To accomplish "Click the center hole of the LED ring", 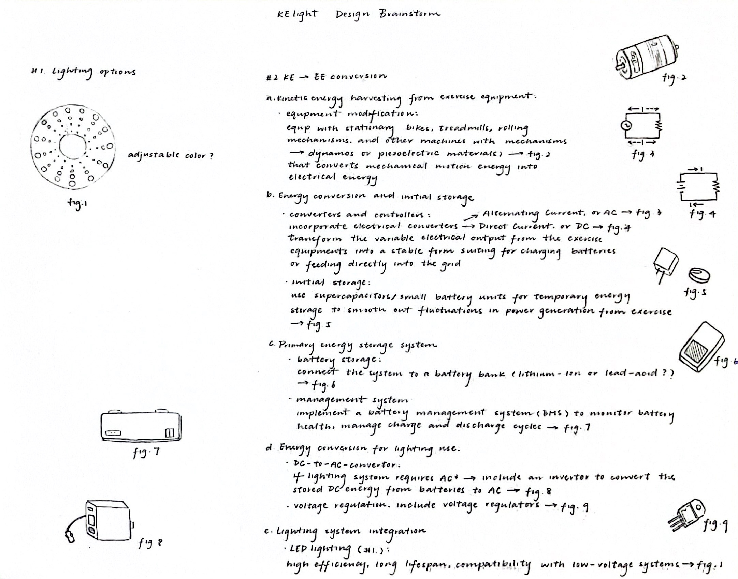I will (72, 146).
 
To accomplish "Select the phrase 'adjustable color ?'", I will (170, 156).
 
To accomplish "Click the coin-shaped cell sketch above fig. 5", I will (699, 274).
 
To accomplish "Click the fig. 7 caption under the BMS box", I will (146, 453).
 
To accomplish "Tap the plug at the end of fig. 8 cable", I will (70, 537).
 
